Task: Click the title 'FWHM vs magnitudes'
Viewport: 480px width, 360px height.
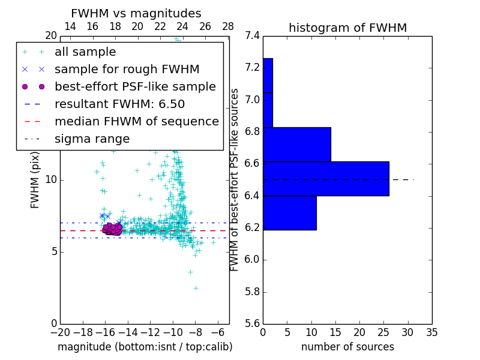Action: (x=136, y=14)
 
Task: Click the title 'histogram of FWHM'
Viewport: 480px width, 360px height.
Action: (x=347, y=28)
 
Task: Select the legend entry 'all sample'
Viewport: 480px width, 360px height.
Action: (x=85, y=52)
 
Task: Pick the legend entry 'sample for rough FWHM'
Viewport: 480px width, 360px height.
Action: (x=127, y=70)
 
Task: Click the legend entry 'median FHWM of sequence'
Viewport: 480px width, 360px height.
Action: (x=136, y=122)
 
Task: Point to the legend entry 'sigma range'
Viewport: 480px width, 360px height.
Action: (x=92, y=139)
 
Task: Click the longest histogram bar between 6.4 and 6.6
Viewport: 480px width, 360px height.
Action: (x=326, y=179)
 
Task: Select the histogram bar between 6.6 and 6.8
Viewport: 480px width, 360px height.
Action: (x=297, y=145)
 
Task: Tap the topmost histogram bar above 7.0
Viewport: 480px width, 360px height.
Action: (x=268, y=76)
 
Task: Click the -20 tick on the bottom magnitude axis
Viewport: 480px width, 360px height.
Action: (x=60, y=333)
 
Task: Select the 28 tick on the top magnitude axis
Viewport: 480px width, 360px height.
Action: (x=228, y=26)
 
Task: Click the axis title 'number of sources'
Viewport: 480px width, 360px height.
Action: (x=347, y=347)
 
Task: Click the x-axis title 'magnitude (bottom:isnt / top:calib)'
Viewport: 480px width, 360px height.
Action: (x=145, y=347)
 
